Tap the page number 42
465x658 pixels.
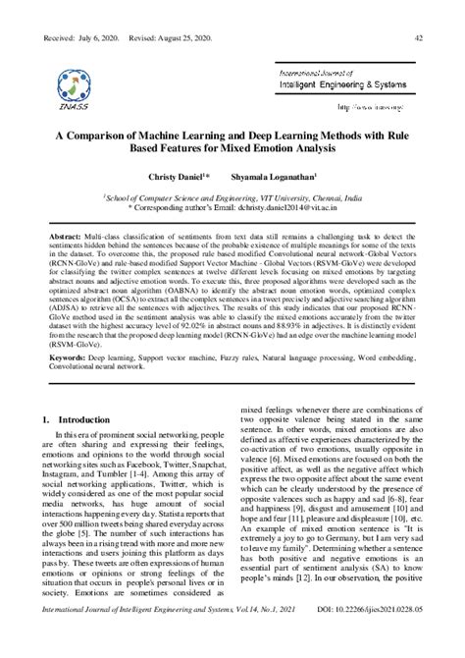tap(419, 38)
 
